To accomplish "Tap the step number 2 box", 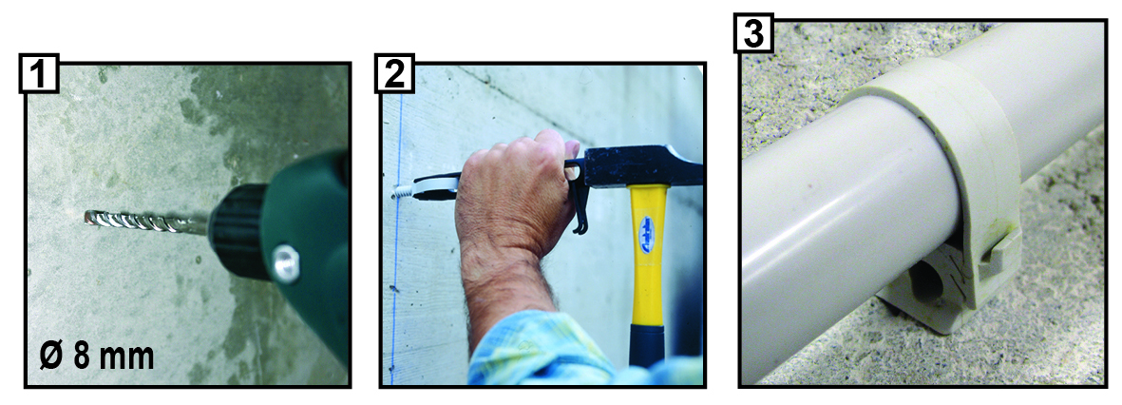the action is tap(395, 74).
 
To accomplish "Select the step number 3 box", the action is tap(752, 33).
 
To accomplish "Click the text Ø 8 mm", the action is tap(97, 355).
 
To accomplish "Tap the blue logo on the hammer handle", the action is tap(648, 234).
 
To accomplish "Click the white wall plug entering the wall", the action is tap(403, 192).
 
